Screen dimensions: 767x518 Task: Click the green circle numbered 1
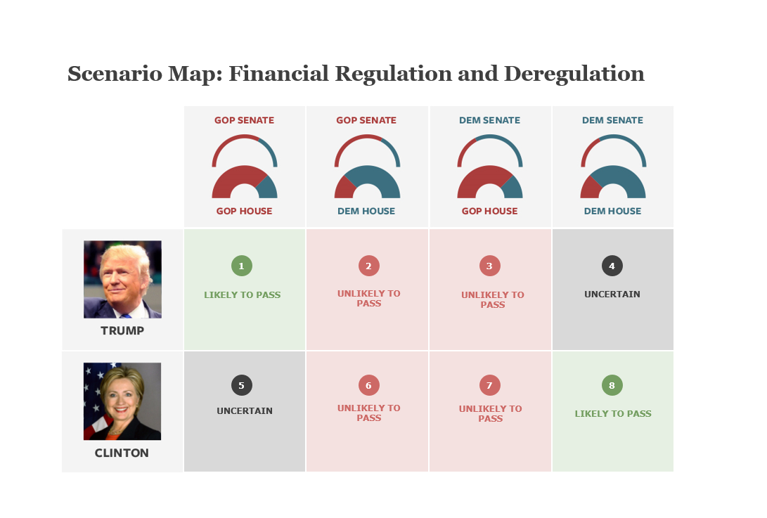tap(242, 266)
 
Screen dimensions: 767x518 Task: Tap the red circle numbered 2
tap(369, 266)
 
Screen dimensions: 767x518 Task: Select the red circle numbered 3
tap(489, 266)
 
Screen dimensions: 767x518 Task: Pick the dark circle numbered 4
tap(612, 266)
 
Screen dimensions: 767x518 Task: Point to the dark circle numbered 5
tap(242, 385)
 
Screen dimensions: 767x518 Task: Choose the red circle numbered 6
tap(369, 385)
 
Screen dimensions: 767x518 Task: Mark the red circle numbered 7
tap(489, 385)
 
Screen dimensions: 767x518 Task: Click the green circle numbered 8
tap(612, 385)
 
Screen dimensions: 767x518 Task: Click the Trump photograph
tap(122, 279)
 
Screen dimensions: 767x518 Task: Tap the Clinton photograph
tap(122, 401)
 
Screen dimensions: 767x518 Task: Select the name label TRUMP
tap(122, 330)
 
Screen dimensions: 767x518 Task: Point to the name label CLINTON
tap(122, 453)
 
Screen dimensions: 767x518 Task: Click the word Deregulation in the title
tap(574, 75)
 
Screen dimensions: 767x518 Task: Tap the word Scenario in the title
tap(115, 74)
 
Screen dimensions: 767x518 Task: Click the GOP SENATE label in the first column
tap(244, 120)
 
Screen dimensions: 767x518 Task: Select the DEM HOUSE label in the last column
tap(612, 212)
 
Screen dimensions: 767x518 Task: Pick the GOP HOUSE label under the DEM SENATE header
tap(489, 212)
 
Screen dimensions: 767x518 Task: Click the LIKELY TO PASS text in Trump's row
tap(242, 295)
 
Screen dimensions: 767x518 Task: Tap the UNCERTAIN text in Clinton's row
tap(245, 411)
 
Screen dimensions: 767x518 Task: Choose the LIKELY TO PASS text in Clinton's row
tap(613, 414)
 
